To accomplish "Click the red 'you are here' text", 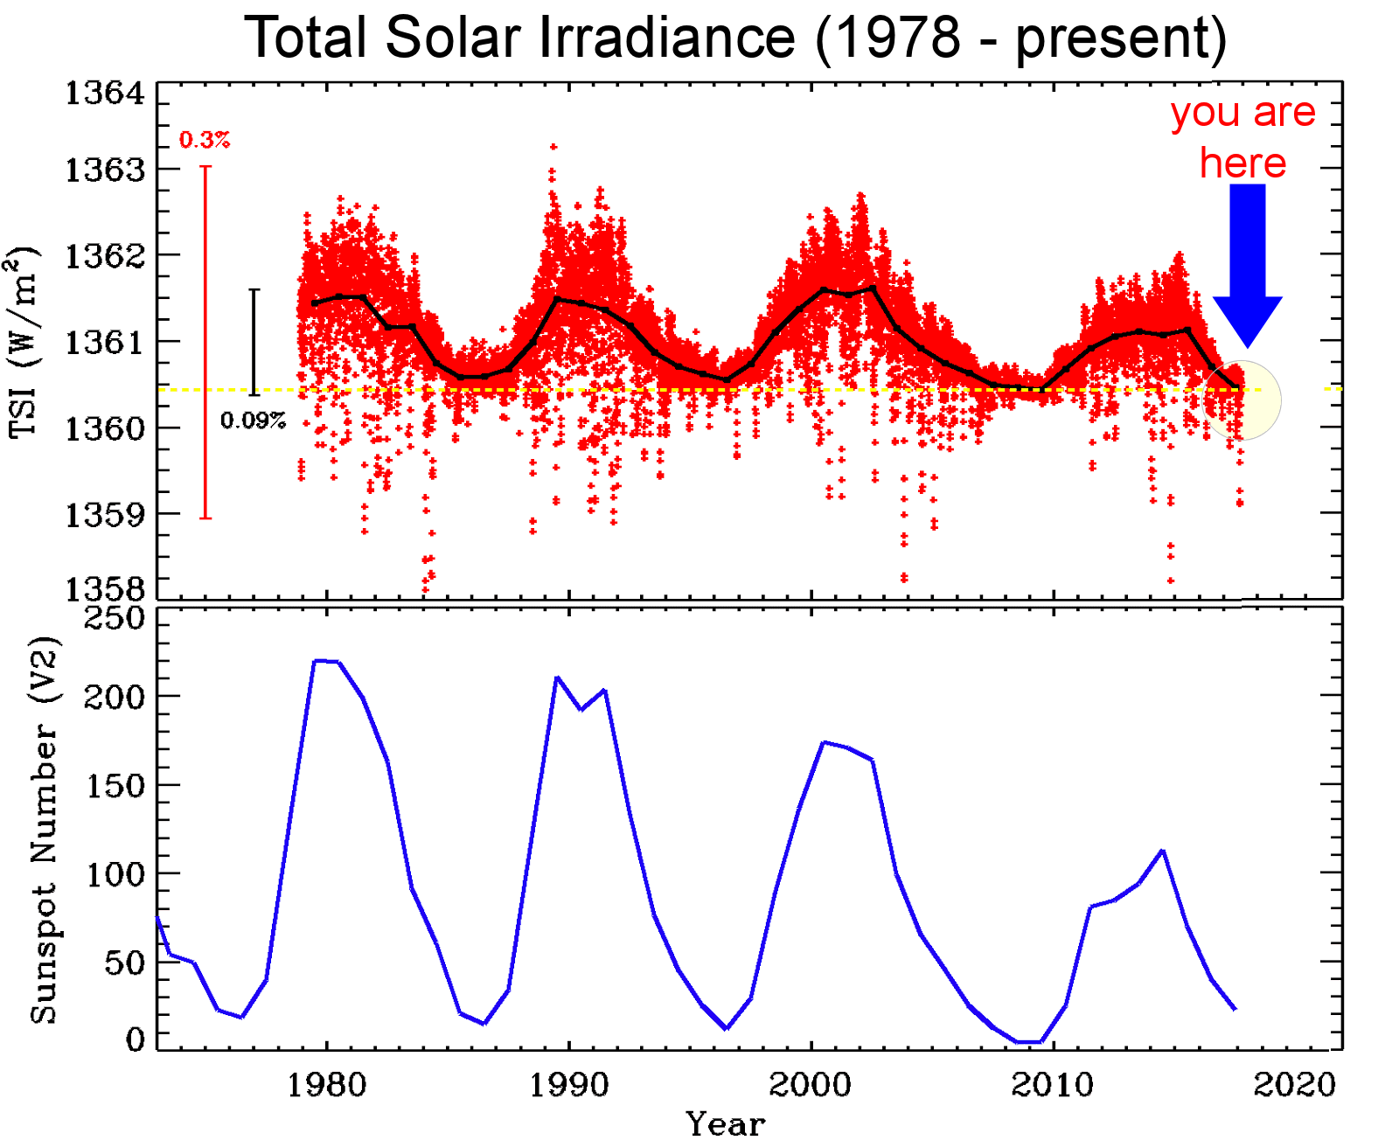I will point(1242,137).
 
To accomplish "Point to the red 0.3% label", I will point(205,140).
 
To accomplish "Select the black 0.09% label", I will point(253,421).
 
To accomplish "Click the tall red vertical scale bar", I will point(205,342).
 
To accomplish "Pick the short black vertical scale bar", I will point(254,342).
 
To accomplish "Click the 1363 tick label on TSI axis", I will point(105,170).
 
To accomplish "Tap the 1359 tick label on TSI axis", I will point(105,515).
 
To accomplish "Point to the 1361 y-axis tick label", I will point(105,342).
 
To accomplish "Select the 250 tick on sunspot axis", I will point(114,618).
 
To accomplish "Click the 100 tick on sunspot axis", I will point(114,873).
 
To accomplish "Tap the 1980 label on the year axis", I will point(327,1085).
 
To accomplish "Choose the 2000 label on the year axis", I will point(811,1085).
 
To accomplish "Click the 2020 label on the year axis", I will point(1295,1085).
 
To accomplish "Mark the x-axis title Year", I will point(726,1124).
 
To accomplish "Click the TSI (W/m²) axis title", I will point(24,342).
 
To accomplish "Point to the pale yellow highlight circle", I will point(1242,400).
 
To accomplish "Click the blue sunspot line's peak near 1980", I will point(317,661).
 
